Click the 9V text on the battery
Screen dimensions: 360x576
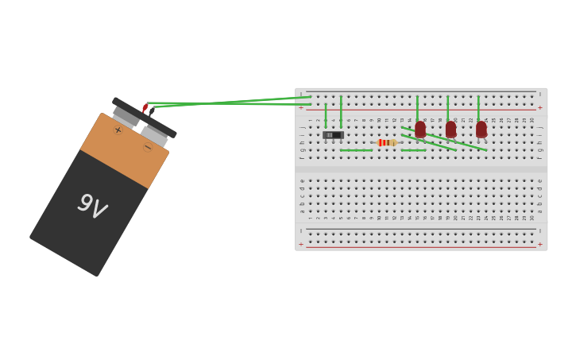tap(91, 206)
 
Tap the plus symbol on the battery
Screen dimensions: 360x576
tap(118, 130)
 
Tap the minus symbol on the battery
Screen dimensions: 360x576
tap(148, 147)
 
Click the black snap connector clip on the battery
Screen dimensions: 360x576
tap(144, 118)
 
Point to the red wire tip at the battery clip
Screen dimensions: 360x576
tap(145, 107)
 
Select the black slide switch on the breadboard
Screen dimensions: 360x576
tap(333, 135)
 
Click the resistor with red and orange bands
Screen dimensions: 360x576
tap(387, 143)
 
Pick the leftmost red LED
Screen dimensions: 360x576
tap(420, 129)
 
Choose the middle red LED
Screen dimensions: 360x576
tap(450, 129)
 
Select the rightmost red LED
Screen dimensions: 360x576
tap(481, 129)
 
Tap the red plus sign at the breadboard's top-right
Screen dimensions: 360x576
tap(540, 107)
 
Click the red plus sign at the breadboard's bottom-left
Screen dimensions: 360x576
tap(301, 245)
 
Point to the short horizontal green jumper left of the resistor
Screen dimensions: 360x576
tap(356, 150)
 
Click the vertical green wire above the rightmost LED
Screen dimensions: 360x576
tap(478, 107)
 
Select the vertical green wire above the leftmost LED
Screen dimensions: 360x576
tap(417, 107)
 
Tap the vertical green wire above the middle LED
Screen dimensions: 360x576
tap(447, 107)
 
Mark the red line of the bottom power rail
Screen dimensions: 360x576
tap(421, 247)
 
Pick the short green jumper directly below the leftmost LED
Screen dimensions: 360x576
tap(413, 150)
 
